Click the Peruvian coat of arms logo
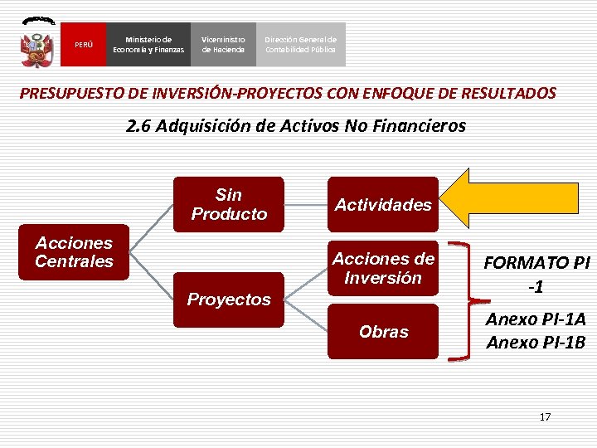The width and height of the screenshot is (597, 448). pos(36,43)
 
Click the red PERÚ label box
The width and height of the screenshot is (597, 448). pos(84,45)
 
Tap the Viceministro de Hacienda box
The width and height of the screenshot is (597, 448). pos(223,45)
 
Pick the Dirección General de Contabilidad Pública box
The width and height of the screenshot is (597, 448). pos(300,45)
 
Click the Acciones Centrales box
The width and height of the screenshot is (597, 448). pos(74,252)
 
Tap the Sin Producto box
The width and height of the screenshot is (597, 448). pos(229,204)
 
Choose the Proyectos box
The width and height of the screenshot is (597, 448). pos(229,299)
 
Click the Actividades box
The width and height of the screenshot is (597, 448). pos(382,204)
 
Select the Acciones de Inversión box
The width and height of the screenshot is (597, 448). pos(382,269)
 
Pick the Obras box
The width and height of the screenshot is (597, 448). pos(382,331)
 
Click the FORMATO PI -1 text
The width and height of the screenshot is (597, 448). pos(536,274)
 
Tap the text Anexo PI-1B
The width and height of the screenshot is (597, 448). pos(536,342)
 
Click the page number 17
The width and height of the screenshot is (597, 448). pos(545,416)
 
